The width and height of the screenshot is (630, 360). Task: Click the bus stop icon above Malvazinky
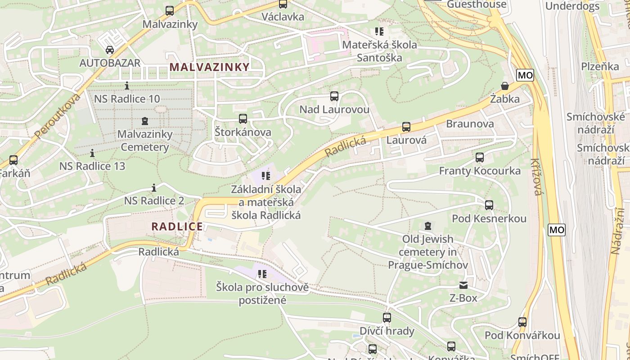pyautogui.click(x=170, y=10)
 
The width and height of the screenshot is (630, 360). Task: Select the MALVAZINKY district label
pyautogui.click(x=209, y=67)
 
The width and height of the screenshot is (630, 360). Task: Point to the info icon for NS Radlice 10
pyautogui.click(x=127, y=85)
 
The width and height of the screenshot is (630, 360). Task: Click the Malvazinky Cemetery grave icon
pyautogui.click(x=144, y=121)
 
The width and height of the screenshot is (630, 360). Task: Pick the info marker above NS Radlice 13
pyautogui.click(x=92, y=153)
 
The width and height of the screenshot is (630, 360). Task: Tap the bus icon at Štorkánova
pyautogui.click(x=243, y=119)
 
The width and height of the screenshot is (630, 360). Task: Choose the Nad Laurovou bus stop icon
pyautogui.click(x=334, y=96)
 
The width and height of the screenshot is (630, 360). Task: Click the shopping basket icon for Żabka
pyautogui.click(x=505, y=85)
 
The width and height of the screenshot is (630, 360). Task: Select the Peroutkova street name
pyautogui.click(x=57, y=116)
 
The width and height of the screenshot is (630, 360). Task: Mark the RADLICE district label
pyautogui.click(x=177, y=226)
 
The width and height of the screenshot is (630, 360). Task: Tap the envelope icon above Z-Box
pyautogui.click(x=463, y=285)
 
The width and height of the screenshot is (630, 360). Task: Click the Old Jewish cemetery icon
pyautogui.click(x=427, y=225)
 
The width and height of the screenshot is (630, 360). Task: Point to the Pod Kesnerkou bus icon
pyautogui.click(x=489, y=205)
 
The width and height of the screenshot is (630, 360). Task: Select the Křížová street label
pyautogui.click(x=535, y=176)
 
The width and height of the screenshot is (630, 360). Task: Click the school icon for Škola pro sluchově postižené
pyautogui.click(x=262, y=274)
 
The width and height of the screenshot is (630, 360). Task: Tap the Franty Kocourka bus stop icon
pyautogui.click(x=480, y=157)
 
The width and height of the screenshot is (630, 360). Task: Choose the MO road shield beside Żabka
pyautogui.click(x=525, y=75)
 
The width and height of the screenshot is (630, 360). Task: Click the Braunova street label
pyautogui.click(x=469, y=124)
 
